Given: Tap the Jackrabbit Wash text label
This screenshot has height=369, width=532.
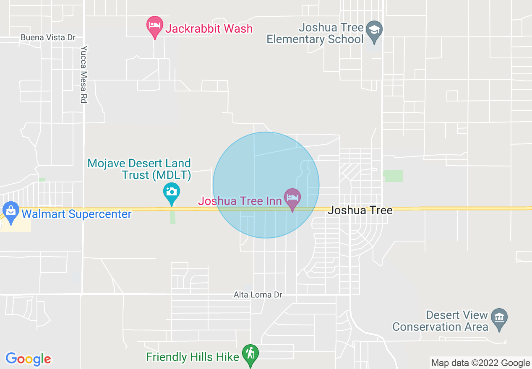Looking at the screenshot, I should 209,29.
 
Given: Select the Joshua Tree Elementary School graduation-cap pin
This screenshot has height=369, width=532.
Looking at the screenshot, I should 373,31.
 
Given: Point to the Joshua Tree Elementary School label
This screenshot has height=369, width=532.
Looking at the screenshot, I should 315,34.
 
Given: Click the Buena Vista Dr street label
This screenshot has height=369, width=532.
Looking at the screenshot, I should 48,38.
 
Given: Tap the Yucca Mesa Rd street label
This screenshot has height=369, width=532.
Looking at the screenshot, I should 84,74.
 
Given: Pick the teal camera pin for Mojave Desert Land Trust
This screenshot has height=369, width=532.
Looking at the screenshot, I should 171,193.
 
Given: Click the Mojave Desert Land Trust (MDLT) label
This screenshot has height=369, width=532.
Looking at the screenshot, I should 139,169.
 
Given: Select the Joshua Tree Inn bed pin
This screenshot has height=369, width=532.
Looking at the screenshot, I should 292,198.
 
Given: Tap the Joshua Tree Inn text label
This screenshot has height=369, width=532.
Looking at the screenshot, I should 240,201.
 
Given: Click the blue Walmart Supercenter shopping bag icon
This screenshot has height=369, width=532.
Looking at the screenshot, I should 10,211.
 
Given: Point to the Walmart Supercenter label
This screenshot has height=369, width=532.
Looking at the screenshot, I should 76,214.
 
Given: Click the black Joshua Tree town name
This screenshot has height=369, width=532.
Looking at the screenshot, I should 360,210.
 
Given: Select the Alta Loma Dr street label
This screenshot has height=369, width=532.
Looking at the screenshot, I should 258,295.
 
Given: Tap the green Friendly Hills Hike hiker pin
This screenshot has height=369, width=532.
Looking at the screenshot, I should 250,354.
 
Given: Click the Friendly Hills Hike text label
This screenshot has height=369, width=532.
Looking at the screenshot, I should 193,357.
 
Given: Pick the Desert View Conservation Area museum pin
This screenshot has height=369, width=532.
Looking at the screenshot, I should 499,317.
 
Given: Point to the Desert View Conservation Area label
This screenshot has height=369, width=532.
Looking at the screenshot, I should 440,321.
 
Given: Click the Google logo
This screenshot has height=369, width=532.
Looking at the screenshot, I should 28,359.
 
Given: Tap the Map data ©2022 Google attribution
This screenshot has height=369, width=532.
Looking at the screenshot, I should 480,363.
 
